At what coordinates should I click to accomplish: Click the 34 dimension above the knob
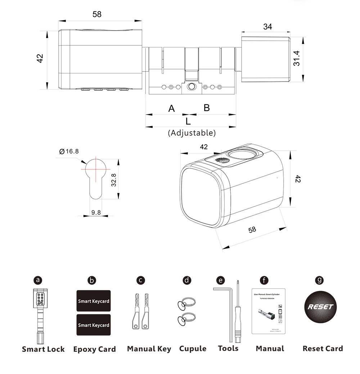click(x=267, y=27)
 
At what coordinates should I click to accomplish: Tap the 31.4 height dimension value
click(x=296, y=58)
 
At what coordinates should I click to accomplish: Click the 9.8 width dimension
click(x=96, y=213)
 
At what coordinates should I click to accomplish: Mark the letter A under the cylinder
click(x=172, y=108)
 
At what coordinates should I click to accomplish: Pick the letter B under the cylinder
click(x=207, y=108)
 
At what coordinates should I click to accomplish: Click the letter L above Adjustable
click(x=188, y=121)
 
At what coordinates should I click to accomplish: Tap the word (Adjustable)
click(x=192, y=133)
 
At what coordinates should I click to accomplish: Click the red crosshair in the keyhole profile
click(x=96, y=169)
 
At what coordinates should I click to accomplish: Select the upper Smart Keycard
click(x=94, y=301)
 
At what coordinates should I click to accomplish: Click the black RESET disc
click(x=320, y=307)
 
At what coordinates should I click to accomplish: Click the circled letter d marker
click(x=187, y=280)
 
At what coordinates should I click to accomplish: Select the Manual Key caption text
click(x=149, y=349)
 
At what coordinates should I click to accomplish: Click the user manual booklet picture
click(x=269, y=311)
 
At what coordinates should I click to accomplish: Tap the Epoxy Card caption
click(x=95, y=349)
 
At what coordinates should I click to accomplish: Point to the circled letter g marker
click(x=319, y=280)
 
